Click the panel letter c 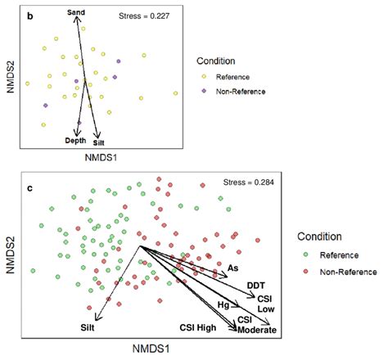tap(30, 189)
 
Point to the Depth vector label tap(76, 141)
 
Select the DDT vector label tap(255, 285)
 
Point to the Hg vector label tap(222, 304)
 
